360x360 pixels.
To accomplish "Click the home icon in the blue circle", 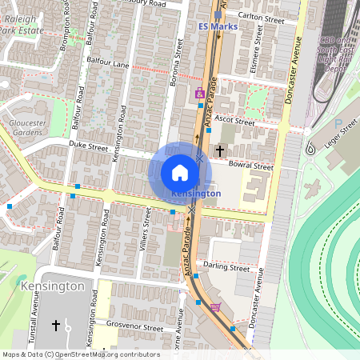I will click(x=180, y=172).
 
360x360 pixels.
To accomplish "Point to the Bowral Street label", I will click(x=251, y=166).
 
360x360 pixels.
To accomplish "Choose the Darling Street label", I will click(x=226, y=266).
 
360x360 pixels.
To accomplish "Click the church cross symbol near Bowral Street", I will click(x=219, y=150).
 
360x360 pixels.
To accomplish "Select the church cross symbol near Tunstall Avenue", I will click(x=56, y=326).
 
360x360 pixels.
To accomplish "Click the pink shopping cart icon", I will click(x=214, y=307).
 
